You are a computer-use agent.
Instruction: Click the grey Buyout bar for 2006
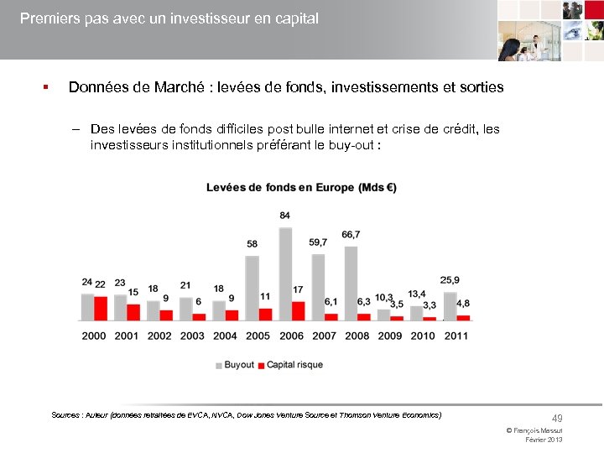point(285,273)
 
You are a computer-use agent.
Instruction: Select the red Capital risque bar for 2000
point(101,308)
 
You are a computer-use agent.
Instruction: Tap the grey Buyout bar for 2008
point(351,283)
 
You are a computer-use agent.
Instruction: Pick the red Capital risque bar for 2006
point(298,310)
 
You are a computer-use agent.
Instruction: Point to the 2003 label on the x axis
point(192,336)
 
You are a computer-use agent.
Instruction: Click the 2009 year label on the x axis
point(389,336)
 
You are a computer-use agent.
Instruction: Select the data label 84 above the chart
point(285,216)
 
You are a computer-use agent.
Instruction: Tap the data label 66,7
point(351,234)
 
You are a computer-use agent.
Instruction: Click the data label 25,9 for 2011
point(450,279)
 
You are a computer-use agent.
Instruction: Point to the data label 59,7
point(318,242)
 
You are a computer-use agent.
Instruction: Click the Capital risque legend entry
point(289,365)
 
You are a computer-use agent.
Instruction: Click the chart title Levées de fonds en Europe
point(301,187)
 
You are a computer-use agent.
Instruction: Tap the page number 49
point(556,418)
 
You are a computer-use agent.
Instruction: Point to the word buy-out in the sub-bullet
point(356,144)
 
